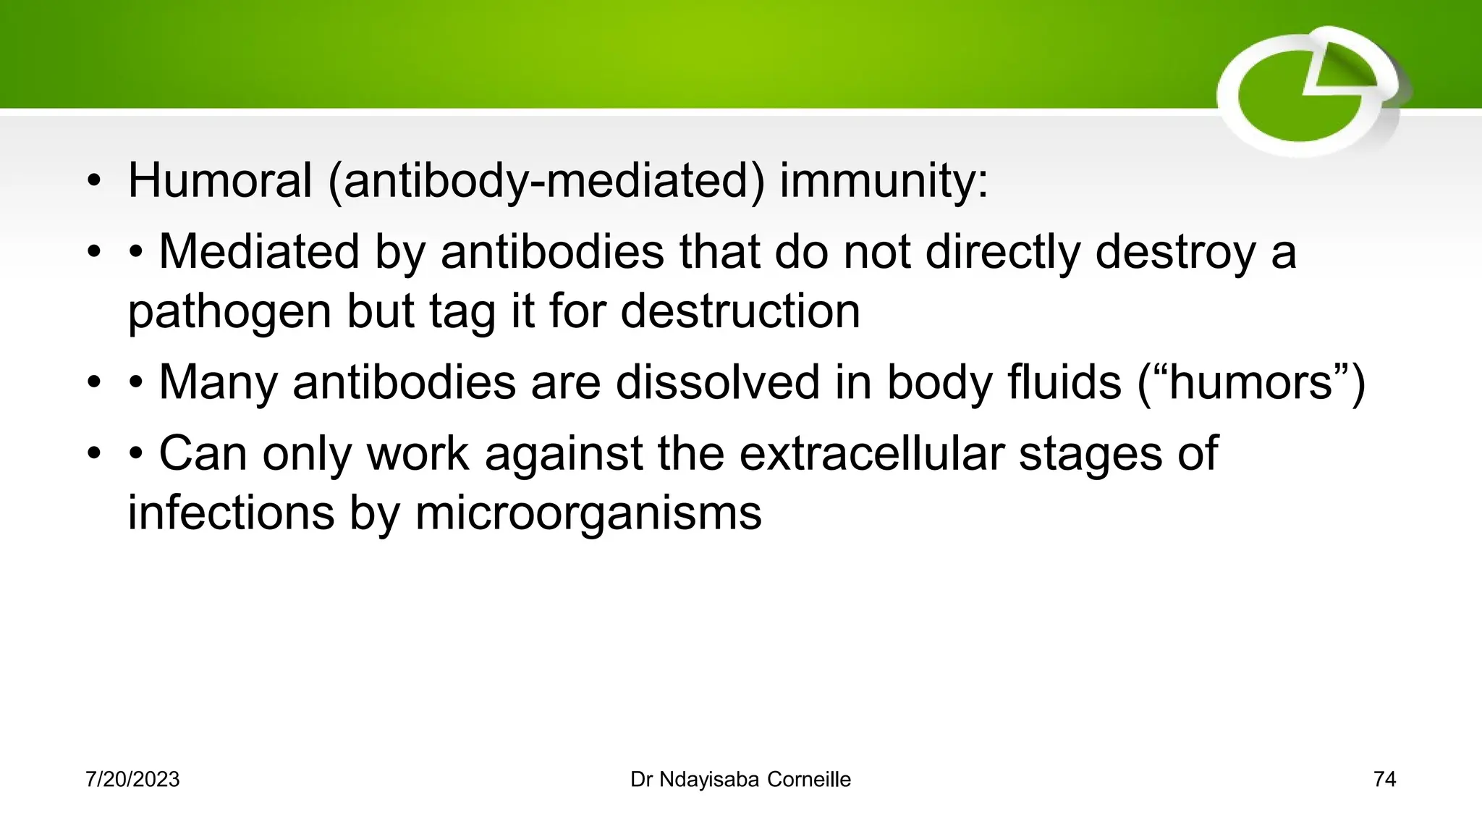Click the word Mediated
pos(259,252)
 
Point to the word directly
pos(1002,252)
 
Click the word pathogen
pos(229,311)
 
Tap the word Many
pos(218,382)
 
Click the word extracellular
pos(871,453)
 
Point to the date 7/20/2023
pos(132,779)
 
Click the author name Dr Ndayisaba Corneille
pos(740,779)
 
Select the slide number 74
pos(1384,779)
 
